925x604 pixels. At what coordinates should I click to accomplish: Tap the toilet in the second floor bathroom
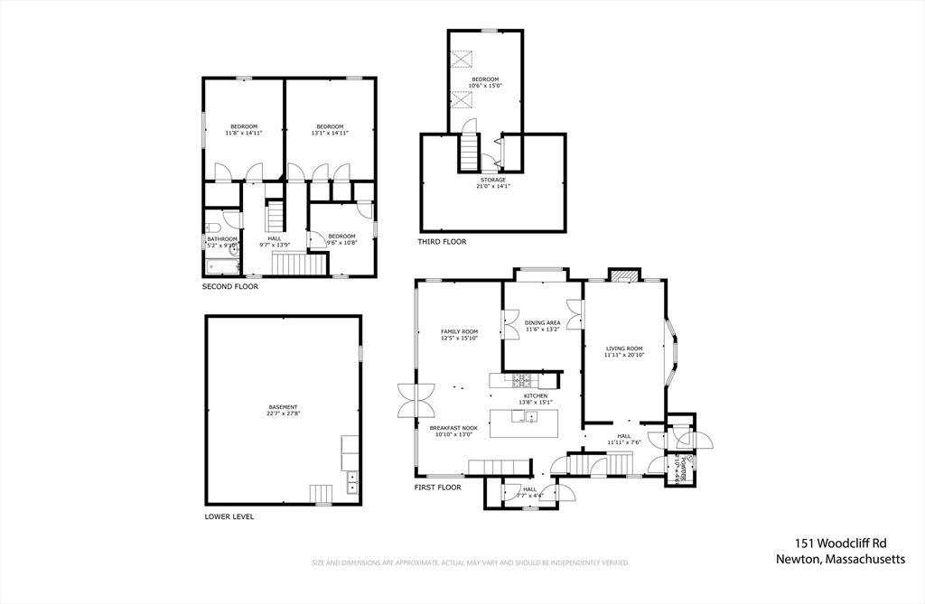click(x=211, y=228)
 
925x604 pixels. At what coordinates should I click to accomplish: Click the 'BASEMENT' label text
click(x=283, y=407)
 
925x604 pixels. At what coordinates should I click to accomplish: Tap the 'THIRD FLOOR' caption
click(x=442, y=242)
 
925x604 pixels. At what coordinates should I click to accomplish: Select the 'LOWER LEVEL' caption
click(x=229, y=517)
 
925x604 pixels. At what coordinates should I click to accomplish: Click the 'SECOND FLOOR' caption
click(x=229, y=286)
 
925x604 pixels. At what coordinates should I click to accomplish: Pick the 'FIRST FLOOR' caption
click(x=437, y=488)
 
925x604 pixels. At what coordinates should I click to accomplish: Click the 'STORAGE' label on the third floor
click(x=493, y=180)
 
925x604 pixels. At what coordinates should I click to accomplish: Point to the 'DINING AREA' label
click(x=543, y=322)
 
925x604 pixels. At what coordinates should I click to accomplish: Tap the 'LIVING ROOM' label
click(x=623, y=348)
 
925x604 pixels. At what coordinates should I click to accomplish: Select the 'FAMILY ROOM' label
click(x=459, y=331)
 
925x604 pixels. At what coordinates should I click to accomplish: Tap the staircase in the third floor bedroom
click(x=468, y=151)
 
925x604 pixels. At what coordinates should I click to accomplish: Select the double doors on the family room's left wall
click(x=416, y=400)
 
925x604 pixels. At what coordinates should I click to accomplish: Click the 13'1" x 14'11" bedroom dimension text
click(x=330, y=133)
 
